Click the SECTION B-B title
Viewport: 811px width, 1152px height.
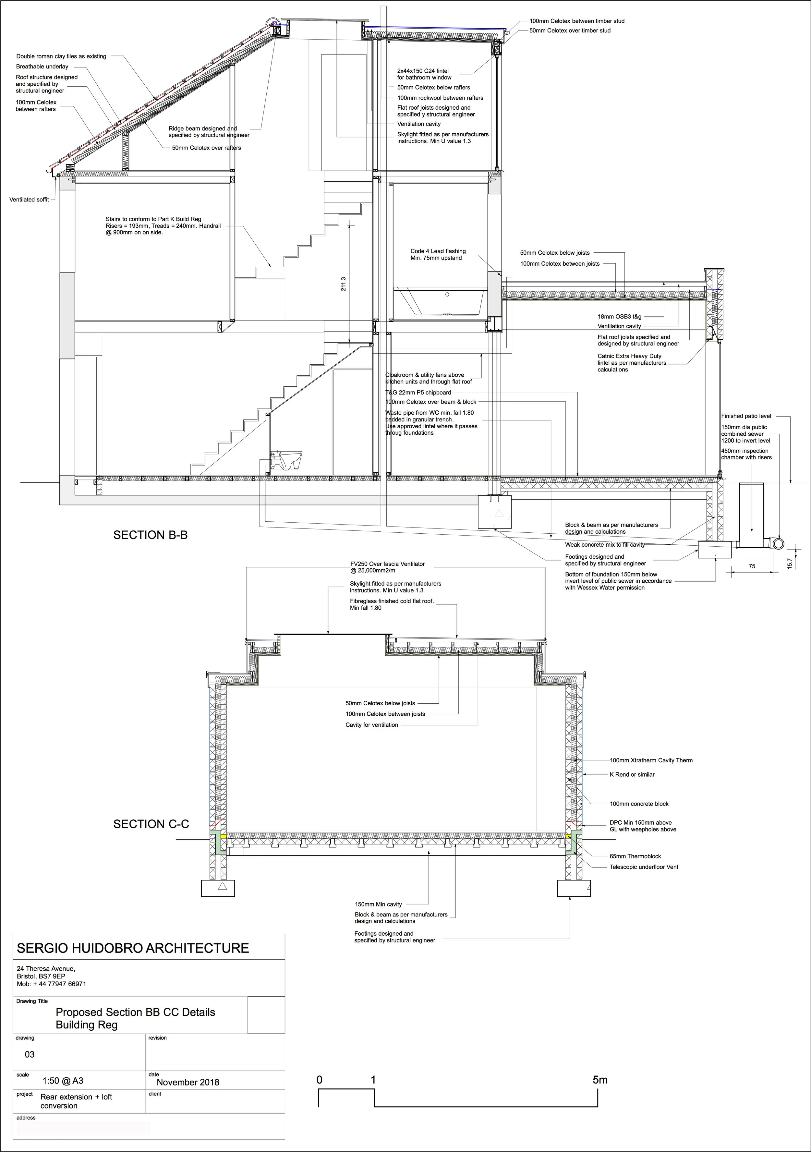pyautogui.click(x=150, y=535)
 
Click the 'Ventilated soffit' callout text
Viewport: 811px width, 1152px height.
pyautogui.click(x=29, y=200)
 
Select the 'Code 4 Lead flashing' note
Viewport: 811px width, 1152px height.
pyautogui.click(x=438, y=254)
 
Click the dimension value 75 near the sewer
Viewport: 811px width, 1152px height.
pyautogui.click(x=752, y=566)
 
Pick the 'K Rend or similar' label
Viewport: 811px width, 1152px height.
pyautogui.click(x=632, y=774)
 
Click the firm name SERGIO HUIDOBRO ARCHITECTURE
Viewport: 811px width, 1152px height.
pyautogui.click(x=133, y=948)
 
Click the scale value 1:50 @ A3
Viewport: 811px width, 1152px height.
pyautogui.click(x=63, y=1080)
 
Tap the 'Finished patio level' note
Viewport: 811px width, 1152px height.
pyautogui.click(x=746, y=416)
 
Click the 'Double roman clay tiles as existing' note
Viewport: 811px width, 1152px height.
pyautogui.click(x=61, y=56)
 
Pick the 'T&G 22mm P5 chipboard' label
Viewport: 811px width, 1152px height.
pyautogui.click(x=418, y=392)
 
